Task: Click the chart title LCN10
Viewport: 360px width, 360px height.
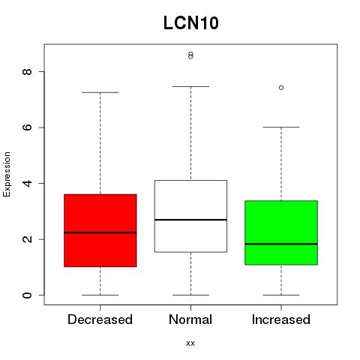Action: coord(191,23)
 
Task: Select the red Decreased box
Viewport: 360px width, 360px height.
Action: coord(100,230)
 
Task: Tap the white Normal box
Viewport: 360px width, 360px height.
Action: coord(190,216)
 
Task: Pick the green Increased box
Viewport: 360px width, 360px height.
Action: coord(281,232)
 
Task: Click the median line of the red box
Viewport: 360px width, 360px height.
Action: coord(100,232)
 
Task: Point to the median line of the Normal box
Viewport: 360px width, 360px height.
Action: coord(190,220)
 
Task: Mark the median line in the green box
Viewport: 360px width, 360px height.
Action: coord(281,244)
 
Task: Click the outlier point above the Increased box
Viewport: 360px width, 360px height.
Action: coord(281,88)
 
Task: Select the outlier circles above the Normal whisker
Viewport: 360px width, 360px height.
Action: coord(190,55)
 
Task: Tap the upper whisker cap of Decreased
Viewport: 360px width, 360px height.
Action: coord(100,92)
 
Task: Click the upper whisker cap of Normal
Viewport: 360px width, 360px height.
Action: coord(190,86)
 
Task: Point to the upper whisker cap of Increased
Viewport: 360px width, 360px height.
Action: coord(281,127)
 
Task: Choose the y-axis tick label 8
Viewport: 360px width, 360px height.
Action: coord(27,71)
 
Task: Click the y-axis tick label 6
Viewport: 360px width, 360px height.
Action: coord(27,127)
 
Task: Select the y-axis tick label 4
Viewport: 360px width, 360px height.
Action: coord(27,183)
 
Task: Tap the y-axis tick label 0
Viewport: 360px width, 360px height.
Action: coord(27,295)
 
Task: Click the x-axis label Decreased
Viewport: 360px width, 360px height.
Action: coord(100,319)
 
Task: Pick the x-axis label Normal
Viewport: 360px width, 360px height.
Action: coord(190,319)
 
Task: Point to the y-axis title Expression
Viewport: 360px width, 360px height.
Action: coord(7,174)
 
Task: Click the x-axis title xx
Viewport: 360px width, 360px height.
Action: coord(190,343)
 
